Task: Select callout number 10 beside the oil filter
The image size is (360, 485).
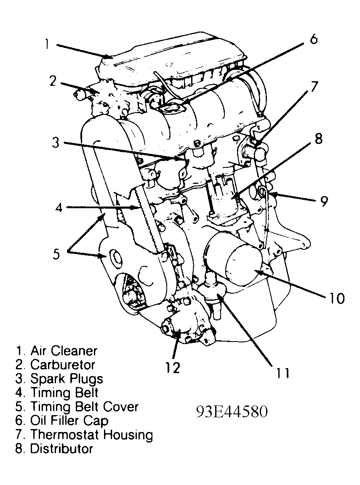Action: point(336,298)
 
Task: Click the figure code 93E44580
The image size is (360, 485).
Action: point(231,412)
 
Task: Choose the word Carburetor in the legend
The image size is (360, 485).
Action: point(63,365)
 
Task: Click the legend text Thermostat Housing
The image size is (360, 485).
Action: point(91,434)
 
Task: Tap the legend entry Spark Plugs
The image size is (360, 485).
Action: point(66,379)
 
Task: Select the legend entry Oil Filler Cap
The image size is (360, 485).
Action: point(69,420)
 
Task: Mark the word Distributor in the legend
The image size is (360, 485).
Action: point(61,448)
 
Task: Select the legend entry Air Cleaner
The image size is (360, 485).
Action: point(64,350)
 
